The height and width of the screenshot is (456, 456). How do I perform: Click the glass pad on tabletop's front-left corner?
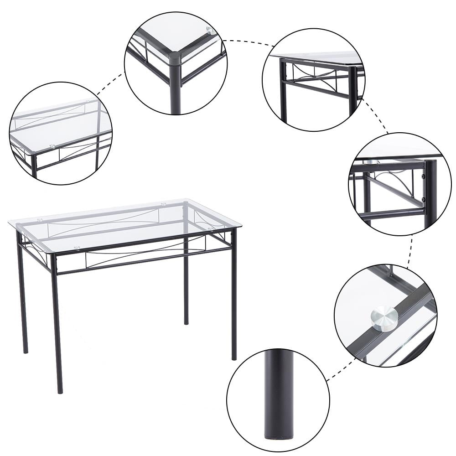pos(77,249)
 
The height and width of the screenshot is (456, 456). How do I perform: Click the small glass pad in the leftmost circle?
pos(52,147)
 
